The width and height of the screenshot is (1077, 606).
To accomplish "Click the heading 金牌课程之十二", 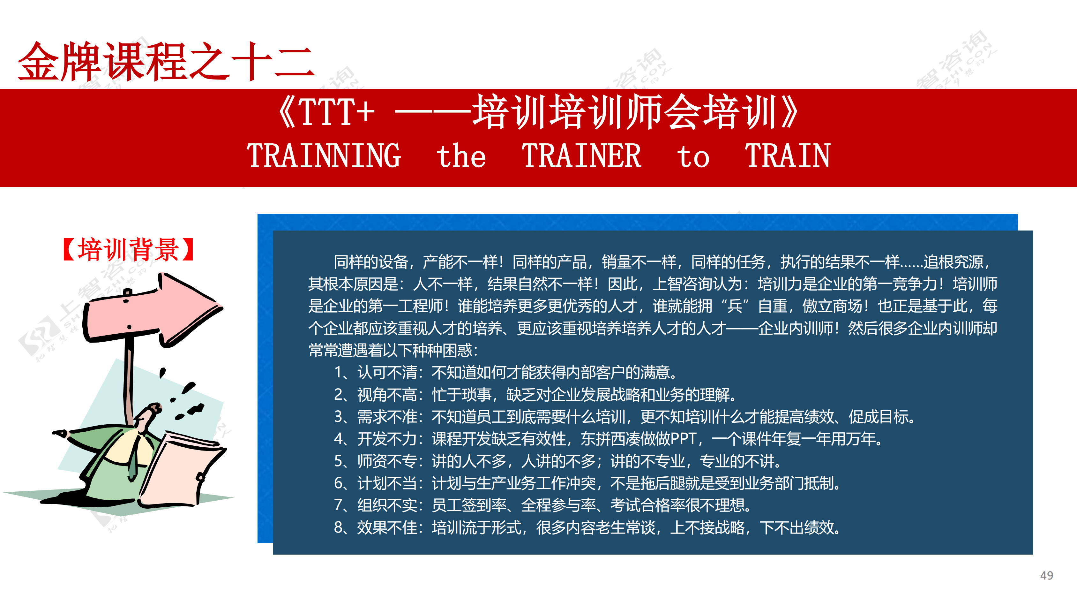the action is click(x=166, y=62).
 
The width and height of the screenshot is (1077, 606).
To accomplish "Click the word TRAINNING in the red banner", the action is click(x=324, y=155).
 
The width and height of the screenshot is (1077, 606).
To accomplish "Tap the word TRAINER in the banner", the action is click(x=581, y=155).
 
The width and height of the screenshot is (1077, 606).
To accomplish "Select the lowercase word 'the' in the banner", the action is click(x=461, y=155).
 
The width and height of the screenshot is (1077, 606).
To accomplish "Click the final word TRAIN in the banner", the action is click(x=788, y=155).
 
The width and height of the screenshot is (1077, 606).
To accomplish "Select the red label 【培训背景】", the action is click(x=128, y=250).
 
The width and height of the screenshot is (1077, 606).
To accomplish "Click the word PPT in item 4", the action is click(x=683, y=439).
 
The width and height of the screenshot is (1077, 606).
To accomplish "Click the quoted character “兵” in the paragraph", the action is click(x=735, y=306).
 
